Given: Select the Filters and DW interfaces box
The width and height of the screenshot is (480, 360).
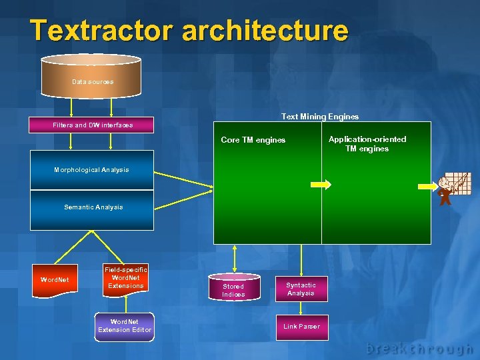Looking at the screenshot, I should [x=92, y=125].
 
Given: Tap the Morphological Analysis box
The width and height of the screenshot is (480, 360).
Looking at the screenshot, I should [x=92, y=170].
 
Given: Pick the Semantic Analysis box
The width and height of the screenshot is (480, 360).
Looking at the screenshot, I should [x=93, y=207].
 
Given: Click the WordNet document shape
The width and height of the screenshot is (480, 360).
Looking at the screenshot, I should [x=55, y=280].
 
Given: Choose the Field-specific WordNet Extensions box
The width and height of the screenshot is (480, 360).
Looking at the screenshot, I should [x=125, y=278].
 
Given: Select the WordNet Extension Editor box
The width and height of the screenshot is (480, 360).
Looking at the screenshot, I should [x=125, y=326].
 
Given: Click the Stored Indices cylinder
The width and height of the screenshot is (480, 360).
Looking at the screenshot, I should [x=233, y=289].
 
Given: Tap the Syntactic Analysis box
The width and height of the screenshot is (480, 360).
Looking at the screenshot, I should [x=301, y=289].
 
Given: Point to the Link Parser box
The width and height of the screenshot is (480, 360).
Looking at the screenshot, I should [x=301, y=327].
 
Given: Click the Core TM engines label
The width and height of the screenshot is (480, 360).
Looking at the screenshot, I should [x=253, y=141].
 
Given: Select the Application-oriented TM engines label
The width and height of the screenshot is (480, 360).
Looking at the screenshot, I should [x=367, y=144].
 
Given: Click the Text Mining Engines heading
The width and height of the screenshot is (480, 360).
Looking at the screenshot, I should [x=319, y=117].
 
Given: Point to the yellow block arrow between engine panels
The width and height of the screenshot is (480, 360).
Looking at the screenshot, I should [x=321, y=185].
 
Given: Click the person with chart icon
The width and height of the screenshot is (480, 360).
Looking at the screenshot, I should [x=451, y=189].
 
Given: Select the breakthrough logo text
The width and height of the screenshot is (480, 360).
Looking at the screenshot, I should [x=419, y=348].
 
